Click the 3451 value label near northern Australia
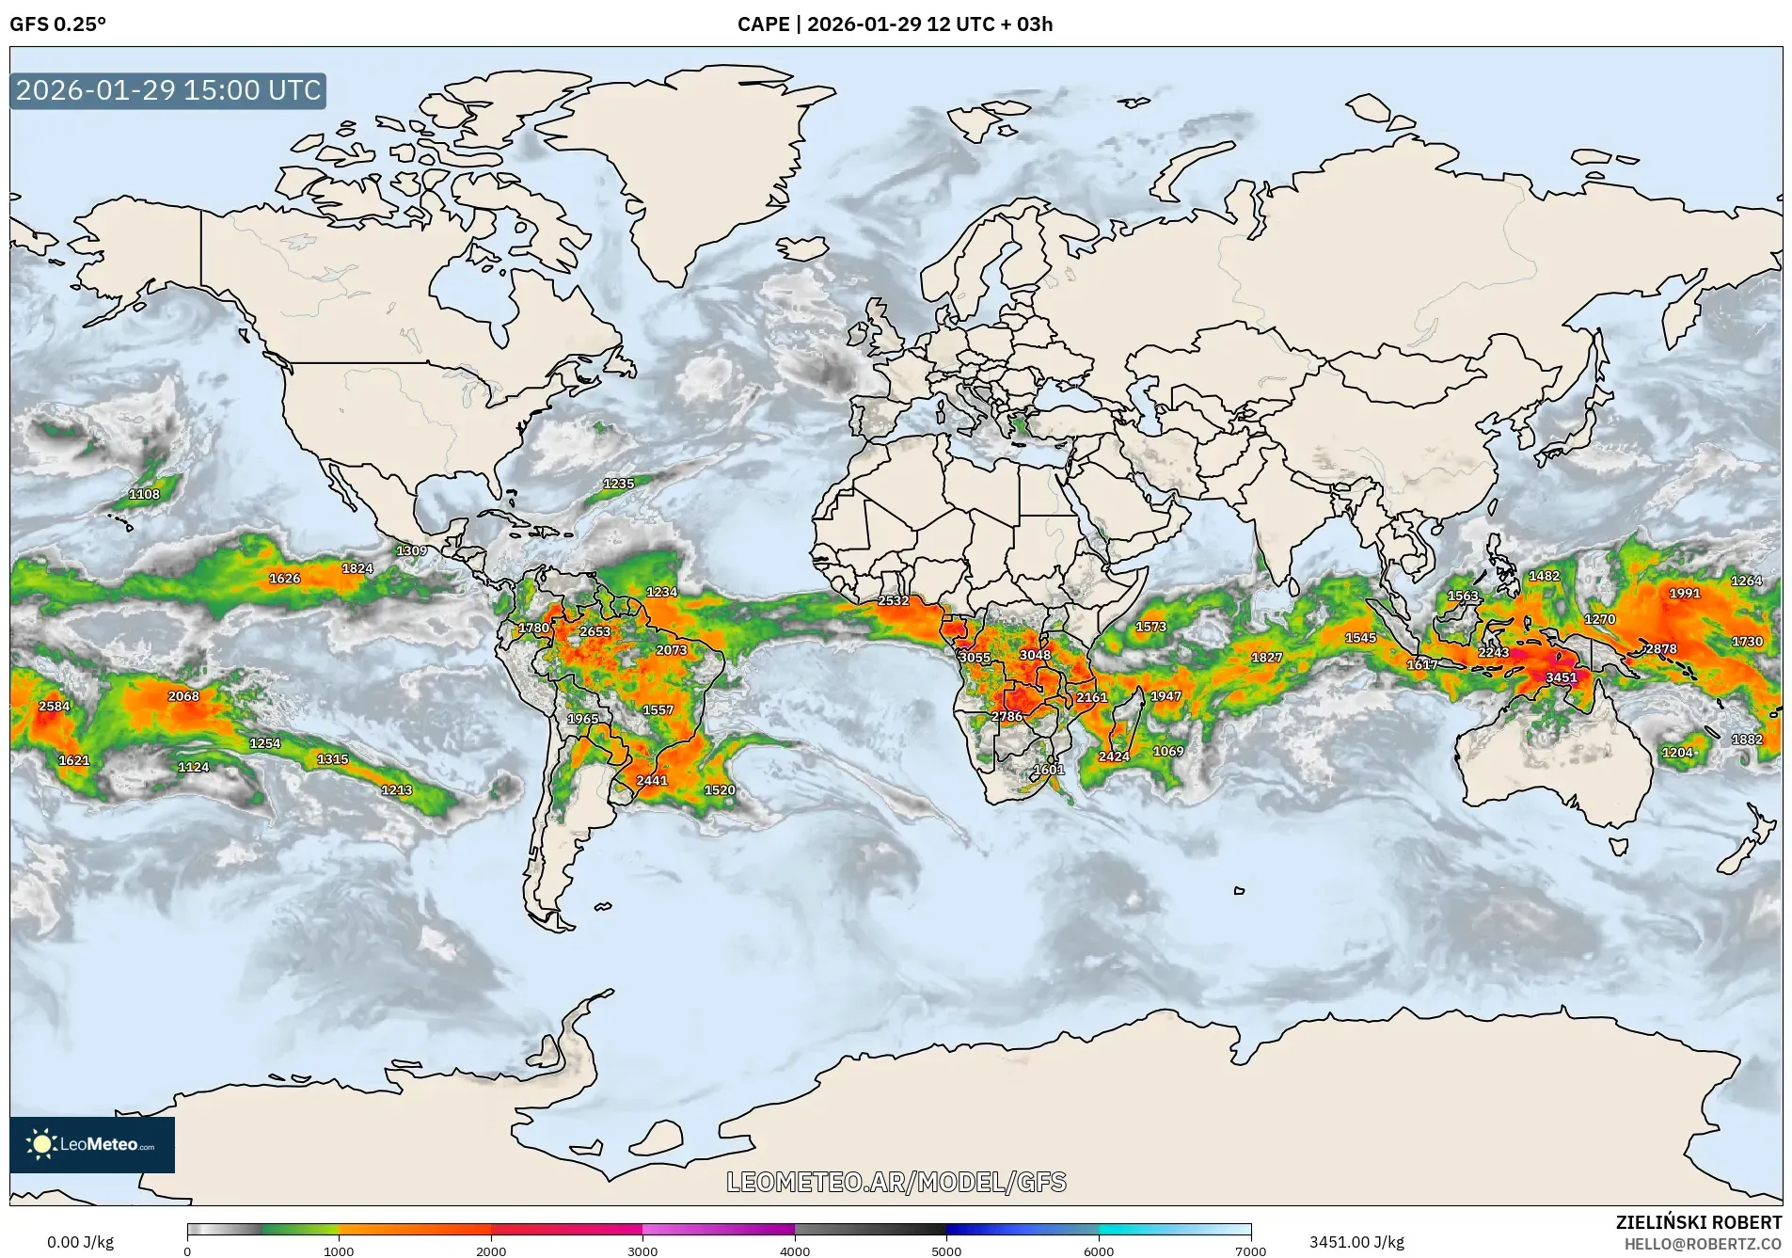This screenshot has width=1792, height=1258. pos(1561,677)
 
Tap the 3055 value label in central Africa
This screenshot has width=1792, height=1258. pos(975,658)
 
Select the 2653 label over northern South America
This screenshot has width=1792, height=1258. pos(595,631)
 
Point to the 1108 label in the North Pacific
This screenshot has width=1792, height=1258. pos(144,494)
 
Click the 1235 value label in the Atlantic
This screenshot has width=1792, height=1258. pos(618,484)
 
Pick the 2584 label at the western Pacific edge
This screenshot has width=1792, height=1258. pos(55,706)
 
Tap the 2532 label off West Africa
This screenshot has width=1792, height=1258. pos(893,600)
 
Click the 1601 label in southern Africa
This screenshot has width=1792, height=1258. pos(1048,770)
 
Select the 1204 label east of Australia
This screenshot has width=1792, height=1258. pos(1677,753)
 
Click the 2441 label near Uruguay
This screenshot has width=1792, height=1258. pos(651,780)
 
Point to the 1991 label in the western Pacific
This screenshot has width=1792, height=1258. pos(1685,593)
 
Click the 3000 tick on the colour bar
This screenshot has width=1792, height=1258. pos(642,1250)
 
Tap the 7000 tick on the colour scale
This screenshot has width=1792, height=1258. pos(1250,1250)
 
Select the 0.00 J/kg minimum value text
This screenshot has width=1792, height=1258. pos(81,1242)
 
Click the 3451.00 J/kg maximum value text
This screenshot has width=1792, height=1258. pos(1356,1242)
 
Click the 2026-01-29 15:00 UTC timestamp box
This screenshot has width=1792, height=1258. pos(168,90)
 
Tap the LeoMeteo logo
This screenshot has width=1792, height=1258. pos(92,1144)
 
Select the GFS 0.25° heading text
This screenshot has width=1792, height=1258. pos(57,24)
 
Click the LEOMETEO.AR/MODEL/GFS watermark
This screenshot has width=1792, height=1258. pos(896,1182)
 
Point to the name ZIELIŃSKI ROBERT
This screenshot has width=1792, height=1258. pos(1698,1222)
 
